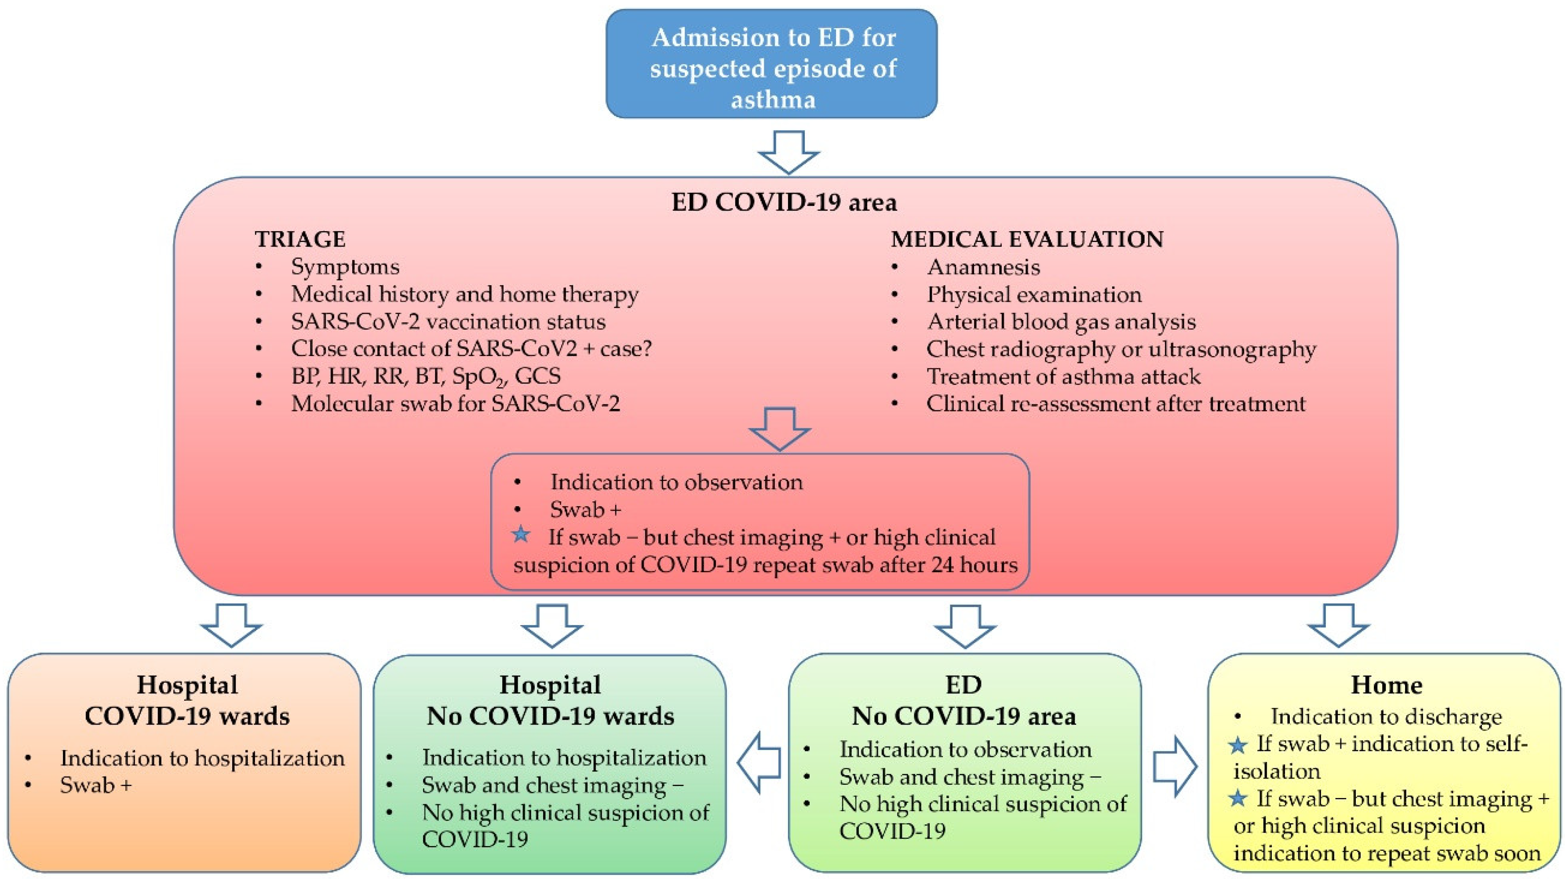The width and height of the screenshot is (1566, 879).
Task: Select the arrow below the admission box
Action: tap(788, 152)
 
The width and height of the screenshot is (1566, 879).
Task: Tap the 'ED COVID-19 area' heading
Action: tap(784, 202)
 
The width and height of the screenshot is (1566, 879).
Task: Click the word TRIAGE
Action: tap(300, 239)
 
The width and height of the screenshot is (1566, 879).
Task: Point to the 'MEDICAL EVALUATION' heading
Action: tap(1027, 239)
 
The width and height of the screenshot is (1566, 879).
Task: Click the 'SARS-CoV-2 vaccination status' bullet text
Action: tap(448, 321)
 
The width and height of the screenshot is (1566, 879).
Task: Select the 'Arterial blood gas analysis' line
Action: tap(1061, 321)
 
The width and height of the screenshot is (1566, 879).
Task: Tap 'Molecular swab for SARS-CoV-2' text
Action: tap(455, 403)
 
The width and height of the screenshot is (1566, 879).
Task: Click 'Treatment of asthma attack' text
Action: tap(1063, 376)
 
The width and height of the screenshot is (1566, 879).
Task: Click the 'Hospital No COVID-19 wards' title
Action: tap(550, 700)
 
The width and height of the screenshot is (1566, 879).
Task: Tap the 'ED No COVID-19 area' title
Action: tap(964, 700)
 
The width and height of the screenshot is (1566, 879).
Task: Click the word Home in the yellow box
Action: tap(1386, 685)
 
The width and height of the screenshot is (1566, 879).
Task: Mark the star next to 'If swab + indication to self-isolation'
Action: tap(1238, 745)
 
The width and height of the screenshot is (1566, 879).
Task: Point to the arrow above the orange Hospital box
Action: tap(231, 625)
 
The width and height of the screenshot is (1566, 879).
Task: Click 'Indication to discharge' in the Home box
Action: tap(1386, 717)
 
